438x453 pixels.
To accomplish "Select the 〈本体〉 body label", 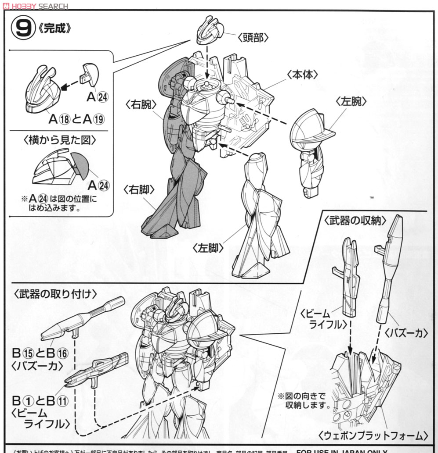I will [x=302, y=75].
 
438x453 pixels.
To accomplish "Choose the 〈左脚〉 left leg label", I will [x=208, y=248].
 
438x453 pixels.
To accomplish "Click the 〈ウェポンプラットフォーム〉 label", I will [x=373, y=436].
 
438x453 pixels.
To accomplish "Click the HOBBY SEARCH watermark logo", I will [x=35, y=6].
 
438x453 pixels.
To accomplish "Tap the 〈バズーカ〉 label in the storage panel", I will [x=406, y=333].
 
